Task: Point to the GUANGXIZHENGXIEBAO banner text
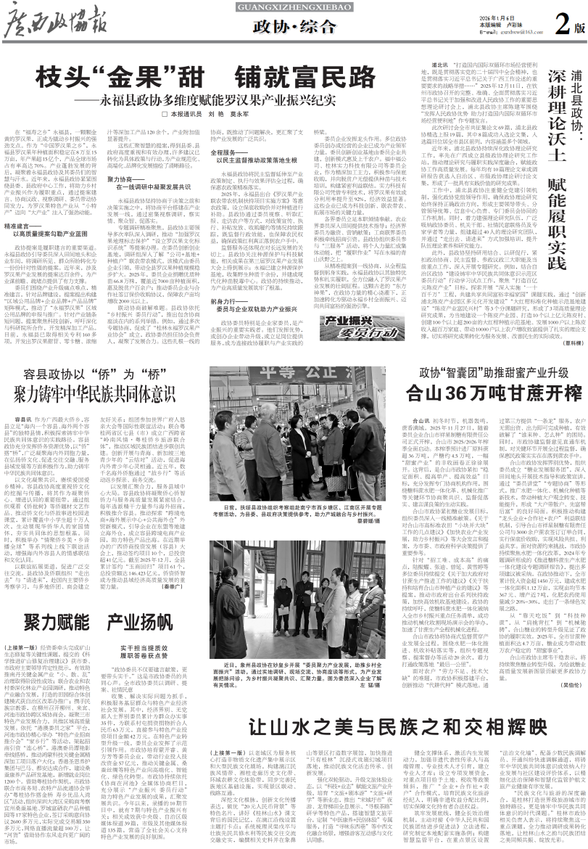coord(293,7)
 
